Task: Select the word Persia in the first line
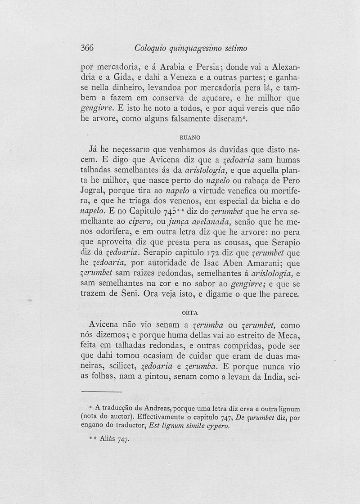[202, 67]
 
